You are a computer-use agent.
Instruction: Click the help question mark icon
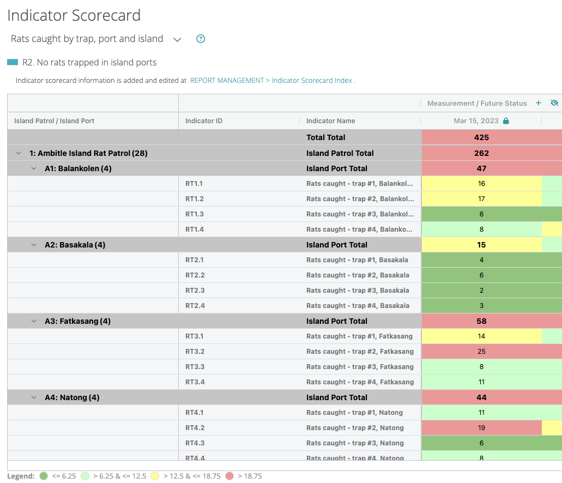201,39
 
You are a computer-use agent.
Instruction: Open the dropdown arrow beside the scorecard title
177,39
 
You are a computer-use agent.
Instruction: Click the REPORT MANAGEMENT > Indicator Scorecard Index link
271,80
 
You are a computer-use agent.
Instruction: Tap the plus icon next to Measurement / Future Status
539,103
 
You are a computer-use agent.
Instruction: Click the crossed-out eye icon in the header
554,103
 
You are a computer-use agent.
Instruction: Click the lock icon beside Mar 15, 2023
506,121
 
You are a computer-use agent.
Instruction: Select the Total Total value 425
481,137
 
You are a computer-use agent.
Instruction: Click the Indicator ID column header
204,121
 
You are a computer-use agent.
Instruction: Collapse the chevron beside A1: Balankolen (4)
34,168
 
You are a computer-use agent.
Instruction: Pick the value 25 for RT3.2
481,352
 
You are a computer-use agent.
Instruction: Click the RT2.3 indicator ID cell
195,291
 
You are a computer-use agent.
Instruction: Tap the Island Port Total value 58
481,321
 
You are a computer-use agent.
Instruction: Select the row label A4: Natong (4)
72,397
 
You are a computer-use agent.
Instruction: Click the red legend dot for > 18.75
229,476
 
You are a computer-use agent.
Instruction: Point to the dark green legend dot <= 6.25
44,476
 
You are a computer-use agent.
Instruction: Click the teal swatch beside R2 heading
13,62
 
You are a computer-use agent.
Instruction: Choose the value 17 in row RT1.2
481,199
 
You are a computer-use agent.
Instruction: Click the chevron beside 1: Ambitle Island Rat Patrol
19,153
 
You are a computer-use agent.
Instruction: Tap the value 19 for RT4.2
481,428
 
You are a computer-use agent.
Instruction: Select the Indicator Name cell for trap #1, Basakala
358,260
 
